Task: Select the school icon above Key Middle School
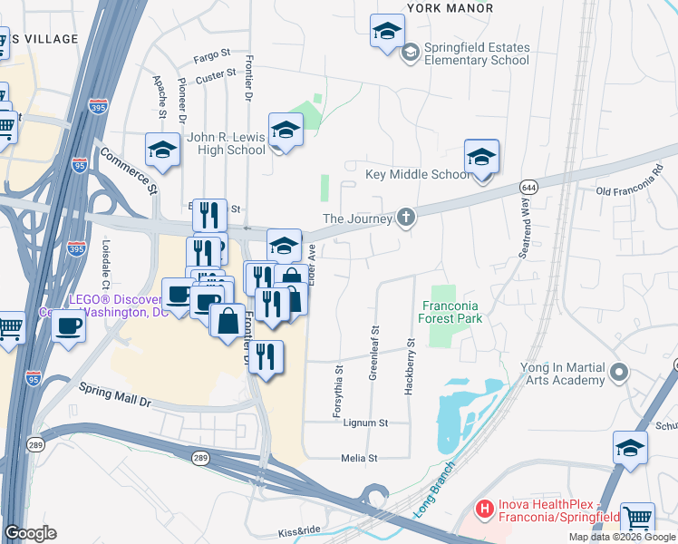481,157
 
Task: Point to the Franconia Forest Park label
451,312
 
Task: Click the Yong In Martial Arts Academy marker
620,372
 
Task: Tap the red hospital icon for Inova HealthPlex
485,510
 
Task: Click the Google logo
30,532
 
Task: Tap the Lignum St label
366,423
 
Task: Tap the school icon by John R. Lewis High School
286,131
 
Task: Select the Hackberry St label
410,364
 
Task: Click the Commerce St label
128,170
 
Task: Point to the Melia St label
359,458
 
